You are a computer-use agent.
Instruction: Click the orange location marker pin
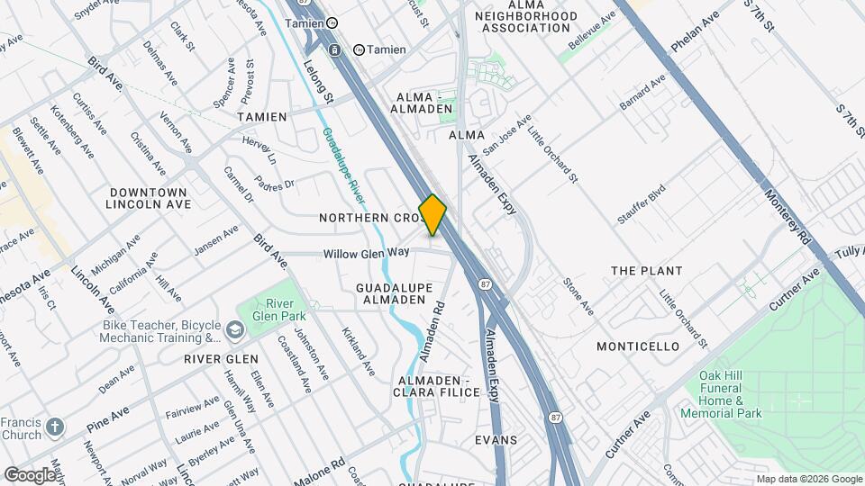[x=432, y=215]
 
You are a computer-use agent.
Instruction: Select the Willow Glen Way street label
[x=367, y=253]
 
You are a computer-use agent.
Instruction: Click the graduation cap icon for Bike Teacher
[x=235, y=332]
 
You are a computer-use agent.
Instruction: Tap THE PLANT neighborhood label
[x=646, y=271]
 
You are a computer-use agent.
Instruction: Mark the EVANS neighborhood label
[x=496, y=440]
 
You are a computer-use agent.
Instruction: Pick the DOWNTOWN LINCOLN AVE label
[x=148, y=199]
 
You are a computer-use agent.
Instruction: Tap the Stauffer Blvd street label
[x=641, y=204]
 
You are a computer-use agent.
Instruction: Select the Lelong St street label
[x=319, y=80]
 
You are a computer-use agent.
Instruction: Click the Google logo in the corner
[x=30, y=474]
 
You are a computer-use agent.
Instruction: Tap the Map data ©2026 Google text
[x=807, y=479]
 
